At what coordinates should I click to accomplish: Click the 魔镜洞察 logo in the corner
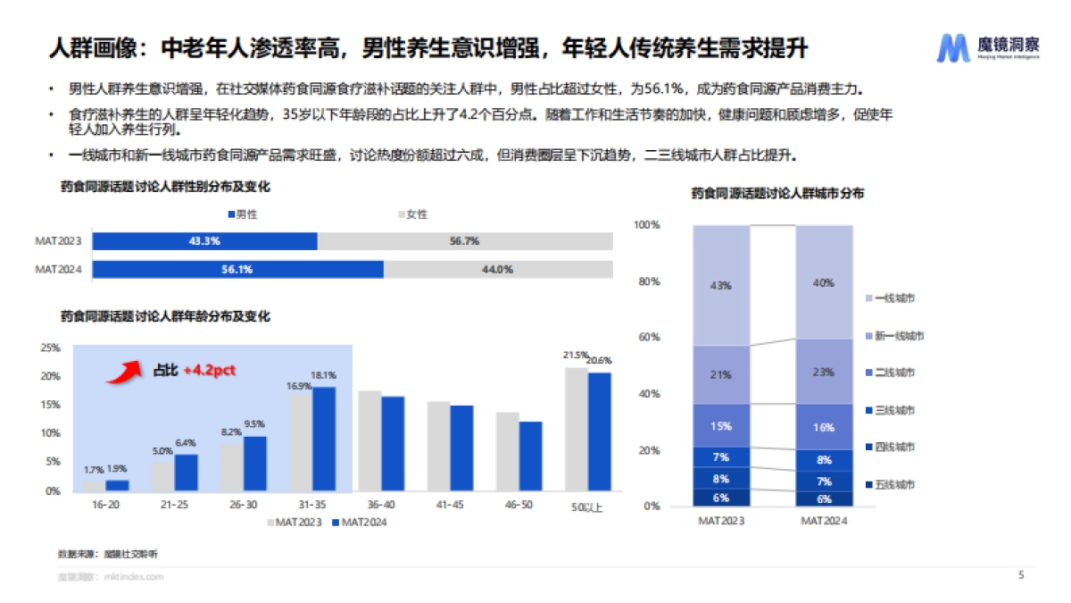tap(987, 47)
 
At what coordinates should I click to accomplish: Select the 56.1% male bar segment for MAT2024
tap(238, 269)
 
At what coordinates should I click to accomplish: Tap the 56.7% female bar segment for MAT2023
tap(465, 241)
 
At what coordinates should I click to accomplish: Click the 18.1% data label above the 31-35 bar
tap(323, 375)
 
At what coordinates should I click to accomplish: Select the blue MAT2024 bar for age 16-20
tap(117, 485)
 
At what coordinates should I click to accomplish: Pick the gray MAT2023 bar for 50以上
tap(577, 429)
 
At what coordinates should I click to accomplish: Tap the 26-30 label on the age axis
tap(243, 506)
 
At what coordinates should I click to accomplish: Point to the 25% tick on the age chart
tap(51, 348)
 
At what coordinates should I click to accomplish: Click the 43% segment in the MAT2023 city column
tap(721, 285)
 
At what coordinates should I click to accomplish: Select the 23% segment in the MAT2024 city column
tap(824, 371)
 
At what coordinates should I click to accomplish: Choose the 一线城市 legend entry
tap(894, 297)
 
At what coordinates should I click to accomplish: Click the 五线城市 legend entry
tap(894, 484)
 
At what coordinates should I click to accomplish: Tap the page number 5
tap(1020, 575)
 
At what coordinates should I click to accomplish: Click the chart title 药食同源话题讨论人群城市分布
tap(776, 193)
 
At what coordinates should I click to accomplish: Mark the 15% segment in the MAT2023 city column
tap(721, 425)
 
